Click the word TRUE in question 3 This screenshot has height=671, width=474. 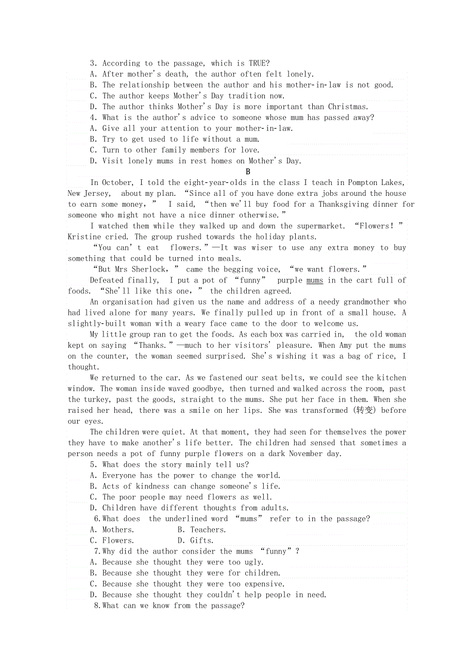coord(258,63)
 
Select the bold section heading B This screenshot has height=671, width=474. coord(248,172)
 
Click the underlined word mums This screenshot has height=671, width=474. coord(315,280)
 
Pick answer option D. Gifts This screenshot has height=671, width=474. coord(195,540)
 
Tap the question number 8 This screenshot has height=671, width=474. coord(97,606)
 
